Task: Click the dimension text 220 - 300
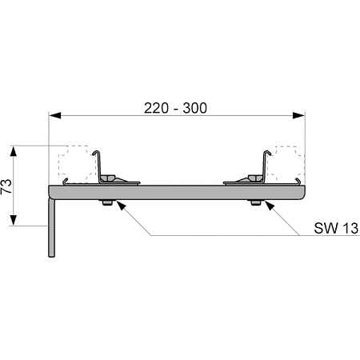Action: coord(175,108)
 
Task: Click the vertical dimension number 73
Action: coord(6,186)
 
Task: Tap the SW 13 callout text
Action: coord(336,228)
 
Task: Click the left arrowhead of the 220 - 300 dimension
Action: coord(55,115)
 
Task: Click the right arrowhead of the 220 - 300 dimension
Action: coord(298,115)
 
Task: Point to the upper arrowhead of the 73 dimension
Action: coord(14,151)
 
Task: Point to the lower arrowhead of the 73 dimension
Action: coord(14,220)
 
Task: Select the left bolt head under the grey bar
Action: coord(107,202)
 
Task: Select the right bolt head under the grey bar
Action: coord(256,202)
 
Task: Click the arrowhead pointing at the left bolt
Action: coord(121,206)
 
